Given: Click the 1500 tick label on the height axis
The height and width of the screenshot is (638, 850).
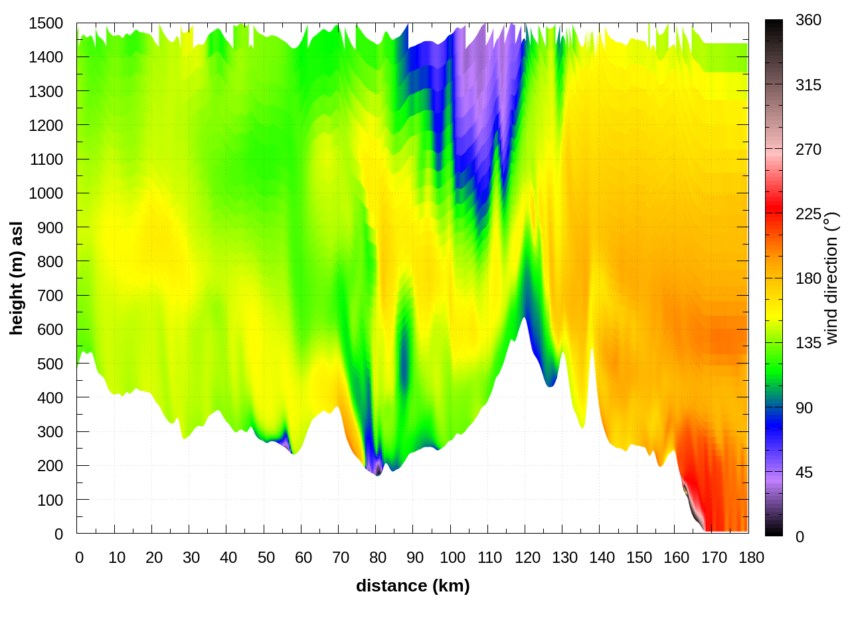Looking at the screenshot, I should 46,23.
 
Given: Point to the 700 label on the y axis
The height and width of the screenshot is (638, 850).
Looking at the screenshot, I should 50,295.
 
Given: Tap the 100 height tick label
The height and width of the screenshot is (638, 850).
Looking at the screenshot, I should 50,500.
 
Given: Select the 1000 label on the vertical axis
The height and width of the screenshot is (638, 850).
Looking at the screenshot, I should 46,193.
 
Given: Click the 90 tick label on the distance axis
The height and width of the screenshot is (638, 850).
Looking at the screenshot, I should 415,558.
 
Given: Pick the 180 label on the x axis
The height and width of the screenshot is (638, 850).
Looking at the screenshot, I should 751,558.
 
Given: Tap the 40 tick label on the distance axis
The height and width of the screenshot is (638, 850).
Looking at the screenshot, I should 228,558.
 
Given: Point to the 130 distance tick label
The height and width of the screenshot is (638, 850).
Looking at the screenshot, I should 564,558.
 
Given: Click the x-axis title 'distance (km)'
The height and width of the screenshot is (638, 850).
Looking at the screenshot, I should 412,585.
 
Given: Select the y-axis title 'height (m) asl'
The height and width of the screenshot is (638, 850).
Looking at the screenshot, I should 16,278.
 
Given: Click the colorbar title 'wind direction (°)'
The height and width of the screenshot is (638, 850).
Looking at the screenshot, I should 831,278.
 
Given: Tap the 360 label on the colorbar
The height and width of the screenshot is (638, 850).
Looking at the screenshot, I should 808,21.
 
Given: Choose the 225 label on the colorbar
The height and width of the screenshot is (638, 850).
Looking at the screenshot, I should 808,214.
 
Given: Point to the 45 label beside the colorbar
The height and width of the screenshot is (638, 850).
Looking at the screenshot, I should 804,473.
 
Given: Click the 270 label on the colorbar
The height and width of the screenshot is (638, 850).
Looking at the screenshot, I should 808,150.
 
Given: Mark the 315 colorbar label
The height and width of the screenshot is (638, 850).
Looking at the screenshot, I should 808,85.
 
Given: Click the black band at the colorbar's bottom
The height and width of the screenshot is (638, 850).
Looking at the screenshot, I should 774,531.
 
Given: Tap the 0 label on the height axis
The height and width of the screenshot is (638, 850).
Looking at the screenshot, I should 58,534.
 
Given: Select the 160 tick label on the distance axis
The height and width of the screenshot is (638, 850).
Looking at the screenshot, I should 677,558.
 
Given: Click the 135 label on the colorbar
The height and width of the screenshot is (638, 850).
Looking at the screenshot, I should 808,343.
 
